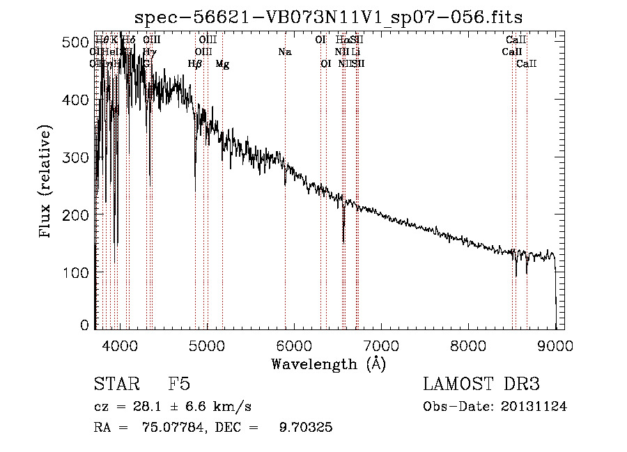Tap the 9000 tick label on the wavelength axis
coord(555,345)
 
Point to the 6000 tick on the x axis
coord(293,345)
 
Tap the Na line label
coord(284,52)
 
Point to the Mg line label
coord(222,64)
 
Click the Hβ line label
coord(195,64)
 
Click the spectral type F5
coord(179,384)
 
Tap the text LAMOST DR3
coord(481,384)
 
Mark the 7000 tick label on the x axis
coord(380,345)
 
